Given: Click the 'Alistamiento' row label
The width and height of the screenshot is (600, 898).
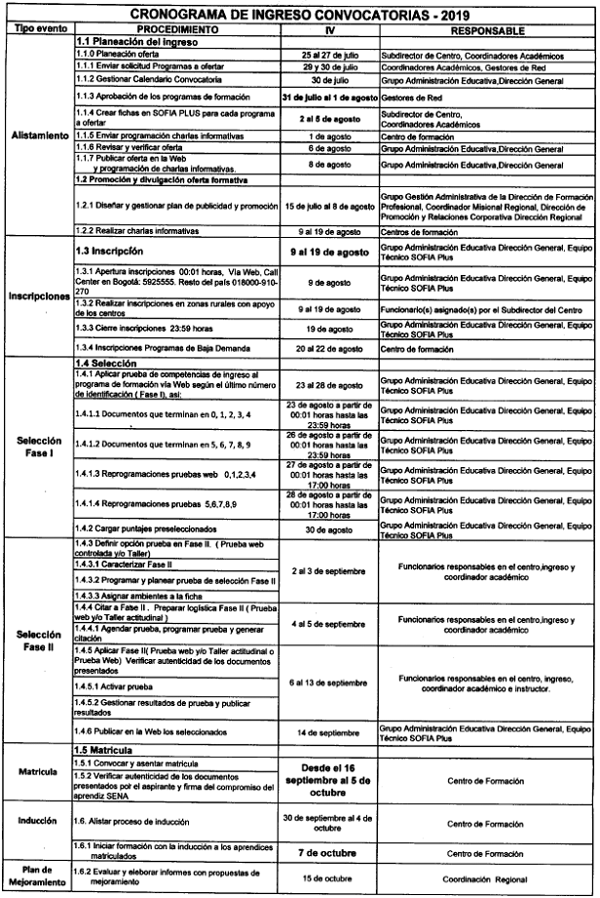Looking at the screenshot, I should (x=38, y=136).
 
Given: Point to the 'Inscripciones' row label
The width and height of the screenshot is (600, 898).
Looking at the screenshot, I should (x=38, y=295).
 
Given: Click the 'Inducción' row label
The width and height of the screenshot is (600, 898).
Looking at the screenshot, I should (x=38, y=822).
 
